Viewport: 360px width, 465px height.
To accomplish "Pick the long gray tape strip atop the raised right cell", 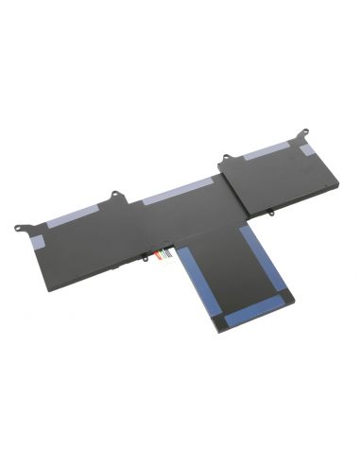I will [268, 151].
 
